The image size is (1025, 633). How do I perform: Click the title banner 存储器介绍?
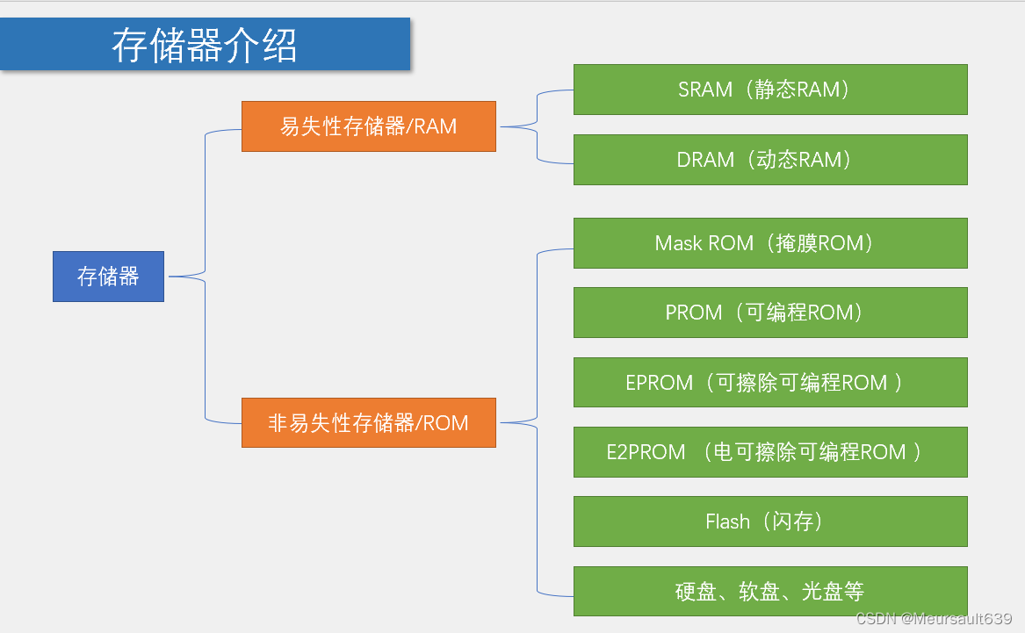(x=205, y=44)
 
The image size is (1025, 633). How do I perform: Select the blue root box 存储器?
(x=109, y=277)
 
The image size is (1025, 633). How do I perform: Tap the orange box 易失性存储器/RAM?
(x=369, y=126)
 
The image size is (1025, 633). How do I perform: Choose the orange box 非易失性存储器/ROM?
(x=369, y=422)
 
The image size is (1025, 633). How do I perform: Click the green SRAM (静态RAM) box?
(x=770, y=90)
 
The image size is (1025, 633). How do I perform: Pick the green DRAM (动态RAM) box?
(x=770, y=160)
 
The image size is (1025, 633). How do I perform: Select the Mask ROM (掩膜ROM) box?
(x=770, y=243)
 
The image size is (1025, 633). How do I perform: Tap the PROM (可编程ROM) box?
(x=770, y=313)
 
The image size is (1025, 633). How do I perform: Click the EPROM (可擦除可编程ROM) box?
(x=770, y=382)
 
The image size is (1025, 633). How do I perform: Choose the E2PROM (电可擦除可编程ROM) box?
(x=770, y=452)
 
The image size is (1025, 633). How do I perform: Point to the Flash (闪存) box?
(x=770, y=522)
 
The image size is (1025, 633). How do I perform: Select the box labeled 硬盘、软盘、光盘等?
(x=770, y=591)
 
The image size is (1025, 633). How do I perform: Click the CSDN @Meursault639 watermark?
(x=934, y=619)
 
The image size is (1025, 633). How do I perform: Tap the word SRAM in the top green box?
(x=705, y=90)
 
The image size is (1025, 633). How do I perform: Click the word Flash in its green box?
(x=727, y=522)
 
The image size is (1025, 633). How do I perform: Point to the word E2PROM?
(x=646, y=452)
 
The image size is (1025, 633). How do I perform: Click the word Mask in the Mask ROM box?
(x=679, y=243)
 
